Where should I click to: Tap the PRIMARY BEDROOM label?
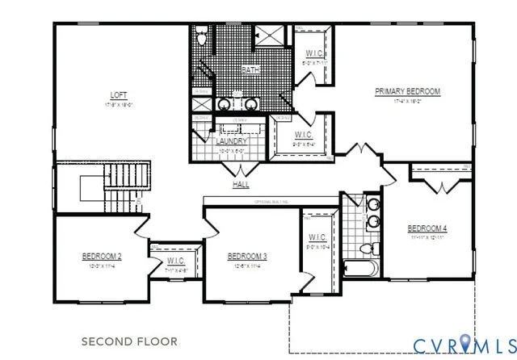pyautogui.click(x=408, y=92)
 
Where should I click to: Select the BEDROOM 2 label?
pyautogui.click(x=102, y=257)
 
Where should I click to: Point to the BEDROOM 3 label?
pyautogui.click(x=247, y=257)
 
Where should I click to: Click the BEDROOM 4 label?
pyautogui.click(x=427, y=228)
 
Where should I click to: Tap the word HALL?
pyautogui.click(x=241, y=185)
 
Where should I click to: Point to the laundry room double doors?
pyautogui.click(x=241, y=170)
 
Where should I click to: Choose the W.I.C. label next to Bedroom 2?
pyautogui.click(x=176, y=261)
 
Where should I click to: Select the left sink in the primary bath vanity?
pyautogui.click(x=224, y=104)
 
